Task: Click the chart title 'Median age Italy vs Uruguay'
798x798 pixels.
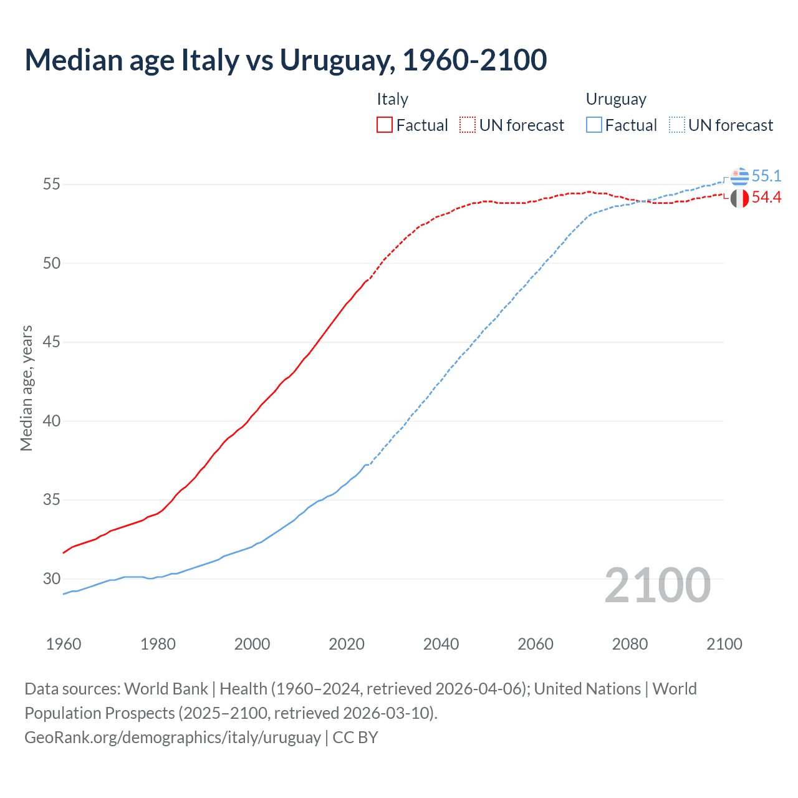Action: pyautogui.click(x=286, y=60)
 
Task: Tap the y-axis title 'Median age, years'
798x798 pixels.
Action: pyautogui.click(x=26, y=388)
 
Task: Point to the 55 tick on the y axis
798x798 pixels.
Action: pyautogui.click(x=52, y=185)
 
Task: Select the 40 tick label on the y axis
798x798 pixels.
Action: pyautogui.click(x=52, y=421)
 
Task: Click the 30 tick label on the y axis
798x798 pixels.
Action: pyautogui.click(x=52, y=579)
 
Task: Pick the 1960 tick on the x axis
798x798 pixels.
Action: pyautogui.click(x=64, y=644)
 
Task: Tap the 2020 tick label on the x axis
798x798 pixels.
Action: pyautogui.click(x=347, y=644)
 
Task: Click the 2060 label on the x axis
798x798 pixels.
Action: pyautogui.click(x=536, y=644)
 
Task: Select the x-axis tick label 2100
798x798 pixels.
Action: pyautogui.click(x=724, y=644)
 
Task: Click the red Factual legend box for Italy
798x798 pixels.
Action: pyautogui.click(x=385, y=125)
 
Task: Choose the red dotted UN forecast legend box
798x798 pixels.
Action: pyautogui.click(x=468, y=125)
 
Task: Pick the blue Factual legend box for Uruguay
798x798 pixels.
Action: pyautogui.click(x=594, y=125)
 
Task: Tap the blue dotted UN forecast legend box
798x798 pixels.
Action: pyautogui.click(x=677, y=125)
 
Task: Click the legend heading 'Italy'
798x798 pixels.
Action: pyautogui.click(x=392, y=99)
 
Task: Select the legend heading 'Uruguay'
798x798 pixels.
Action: pyautogui.click(x=616, y=99)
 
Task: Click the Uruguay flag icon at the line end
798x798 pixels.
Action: pyautogui.click(x=739, y=176)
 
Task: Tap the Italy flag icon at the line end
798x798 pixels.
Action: pyautogui.click(x=739, y=198)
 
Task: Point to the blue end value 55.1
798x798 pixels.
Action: pyautogui.click(x=766, y=176)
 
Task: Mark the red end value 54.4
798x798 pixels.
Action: pyautogui.click(x=766, y=198)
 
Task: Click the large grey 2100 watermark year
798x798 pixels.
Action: pyautogui.click(x=657, y=585)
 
